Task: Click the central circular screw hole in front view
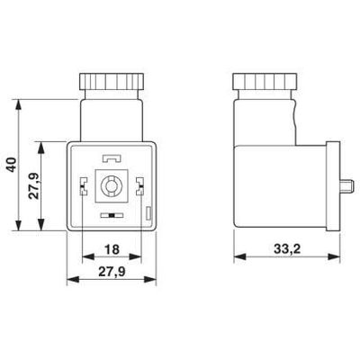(x=112, y=187)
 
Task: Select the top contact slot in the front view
(x=112, y=157)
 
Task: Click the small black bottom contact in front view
(x=111, y=217)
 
